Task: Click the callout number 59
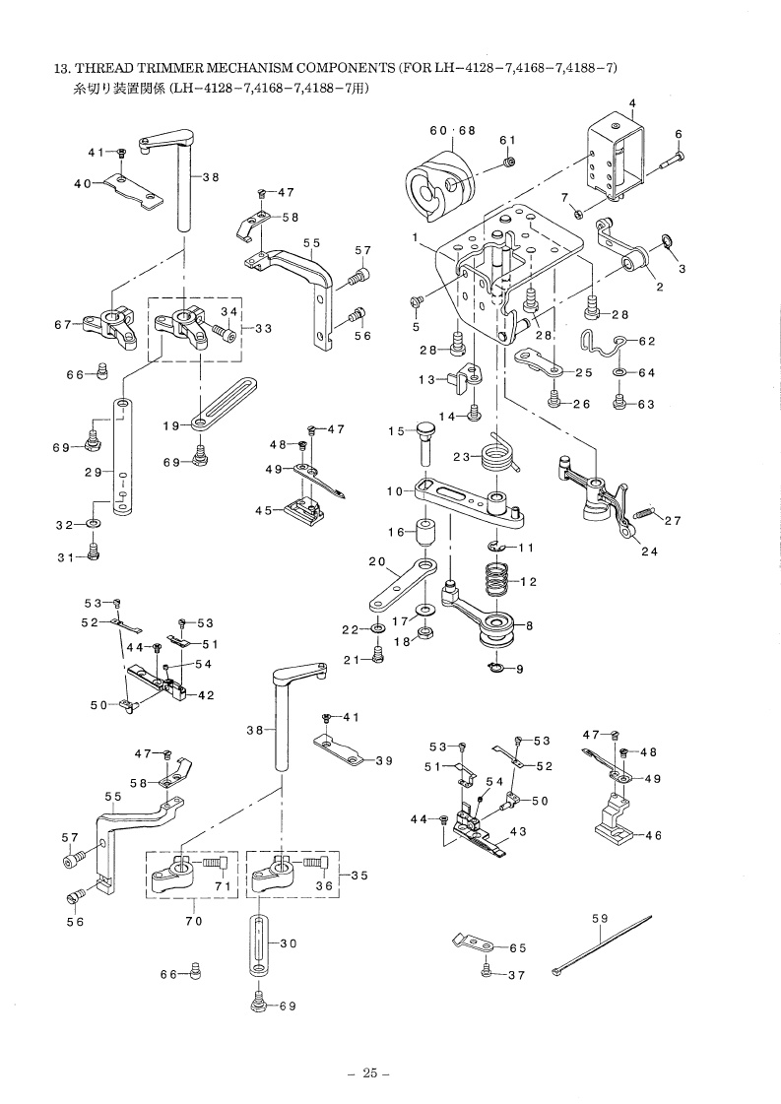click(x=600, y=918)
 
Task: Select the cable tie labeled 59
click(x=602, y=944)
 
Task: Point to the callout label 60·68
click(x=452, y=130)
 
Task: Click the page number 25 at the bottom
click(x=370, y=1073)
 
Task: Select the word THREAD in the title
click(x=99, y=68)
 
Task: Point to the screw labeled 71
click(x=215, y=863)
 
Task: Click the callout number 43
click(x=518, y=831)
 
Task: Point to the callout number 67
click(x=62, y=325)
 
